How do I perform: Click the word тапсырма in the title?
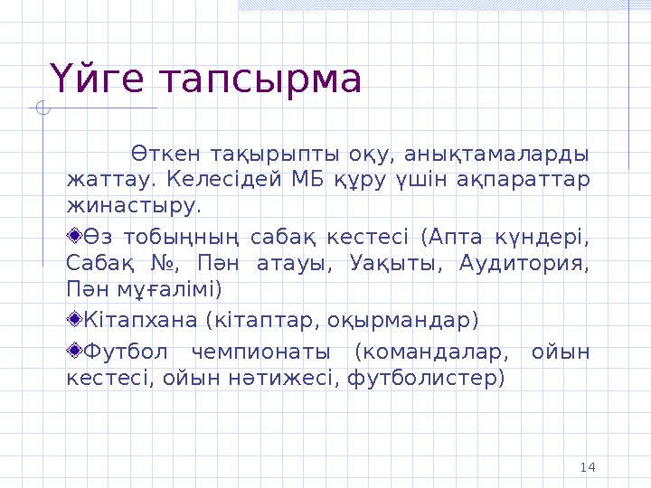(x=259, y=80)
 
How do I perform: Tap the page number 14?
(x=587, y=466)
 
